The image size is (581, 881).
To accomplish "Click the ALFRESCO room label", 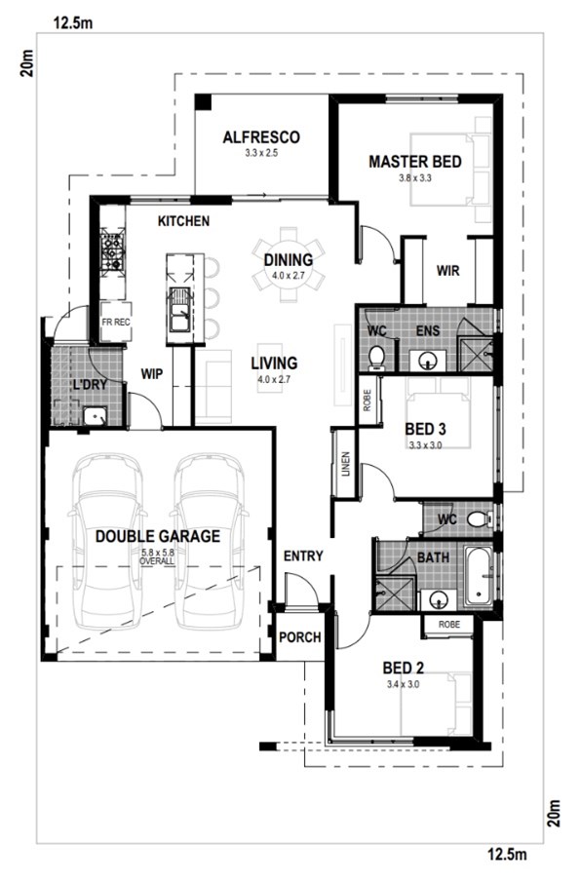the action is coord(261,137).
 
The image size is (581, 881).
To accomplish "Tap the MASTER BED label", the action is coord(415,162).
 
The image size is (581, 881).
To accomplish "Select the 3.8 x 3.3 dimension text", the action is coord(415,178).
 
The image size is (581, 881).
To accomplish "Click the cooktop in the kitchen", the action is coord(112,250).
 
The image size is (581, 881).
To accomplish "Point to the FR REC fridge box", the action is coord(116,322).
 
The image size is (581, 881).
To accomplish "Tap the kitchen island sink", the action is coord(179,310).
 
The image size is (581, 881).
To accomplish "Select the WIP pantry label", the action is coord(152,373).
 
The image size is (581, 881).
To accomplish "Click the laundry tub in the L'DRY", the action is coord(95,417).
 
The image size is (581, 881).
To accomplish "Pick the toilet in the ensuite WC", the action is coord(376,358).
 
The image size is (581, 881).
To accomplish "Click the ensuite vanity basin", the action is coord(428,360).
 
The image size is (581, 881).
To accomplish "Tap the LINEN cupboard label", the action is coord(345,464).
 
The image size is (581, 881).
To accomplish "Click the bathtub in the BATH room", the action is coord(479,576).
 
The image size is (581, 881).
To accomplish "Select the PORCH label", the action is coord(300,637).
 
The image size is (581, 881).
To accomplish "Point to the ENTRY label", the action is coord(303,556).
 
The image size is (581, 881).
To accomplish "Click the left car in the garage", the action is coord(107,542).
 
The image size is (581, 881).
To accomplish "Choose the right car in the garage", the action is coord(209,542).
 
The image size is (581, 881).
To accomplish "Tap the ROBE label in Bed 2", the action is coord(449,625).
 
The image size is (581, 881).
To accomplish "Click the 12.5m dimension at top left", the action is coord(73,23).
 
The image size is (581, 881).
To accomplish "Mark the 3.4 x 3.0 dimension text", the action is coord(403,684).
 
